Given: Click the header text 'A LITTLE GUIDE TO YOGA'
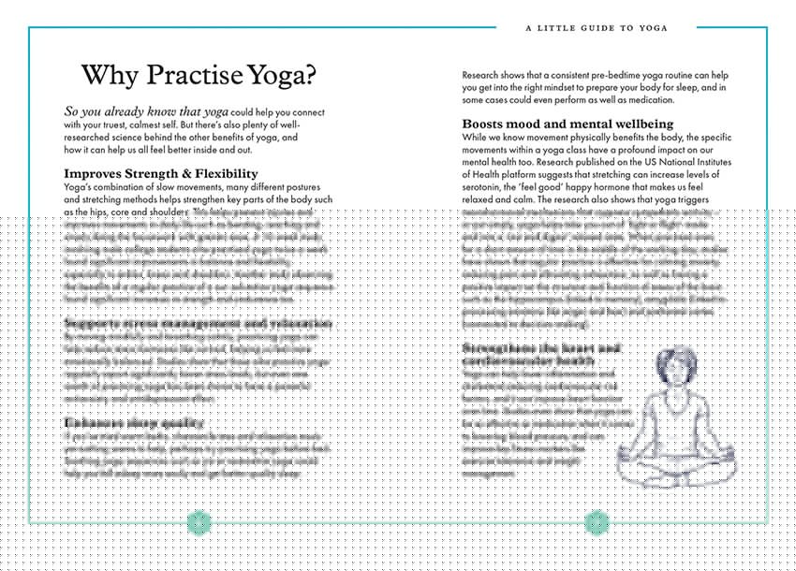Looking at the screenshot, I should click(x=597, y=28).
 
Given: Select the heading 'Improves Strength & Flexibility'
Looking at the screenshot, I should click(x=160, y=173).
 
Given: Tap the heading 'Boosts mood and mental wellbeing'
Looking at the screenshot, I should click(x=568, y=124).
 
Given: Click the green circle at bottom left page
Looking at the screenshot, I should click(x=199, y=521).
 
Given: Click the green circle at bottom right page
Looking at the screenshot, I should click(x=597, y=522).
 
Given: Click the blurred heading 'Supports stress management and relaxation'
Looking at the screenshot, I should click(x=197, y=324).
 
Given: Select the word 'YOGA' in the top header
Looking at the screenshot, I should click(x=653, y=28).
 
